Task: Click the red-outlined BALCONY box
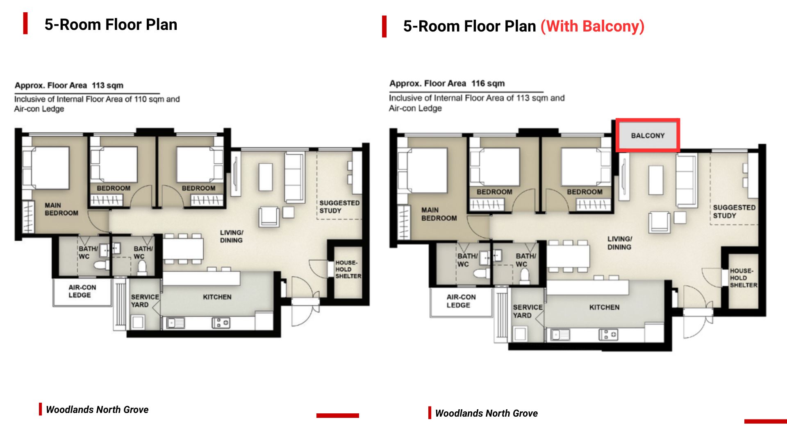tap(648, 135)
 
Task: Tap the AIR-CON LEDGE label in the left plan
tap(82, 291)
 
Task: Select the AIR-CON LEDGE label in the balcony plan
tap(461, 301)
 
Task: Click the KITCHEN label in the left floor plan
tap(217, 297)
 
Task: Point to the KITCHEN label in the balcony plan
tap(604, 307)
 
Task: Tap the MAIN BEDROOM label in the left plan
tap(61, 209)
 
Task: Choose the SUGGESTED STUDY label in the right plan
tap(734, 212)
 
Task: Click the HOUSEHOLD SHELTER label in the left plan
tap(348, 269)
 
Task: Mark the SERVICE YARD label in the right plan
tap(528, 311)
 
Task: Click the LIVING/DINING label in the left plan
tap(231, 237)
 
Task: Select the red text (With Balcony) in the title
tap(592, 27)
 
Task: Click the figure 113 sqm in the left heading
tap(107, 86)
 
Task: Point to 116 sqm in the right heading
tap(488, 83)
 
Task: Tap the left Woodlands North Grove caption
tap(97, 410)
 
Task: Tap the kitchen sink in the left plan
tap(175, 323)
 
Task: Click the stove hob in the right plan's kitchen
tap(608, 335)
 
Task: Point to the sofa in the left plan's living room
tap(294, 177)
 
